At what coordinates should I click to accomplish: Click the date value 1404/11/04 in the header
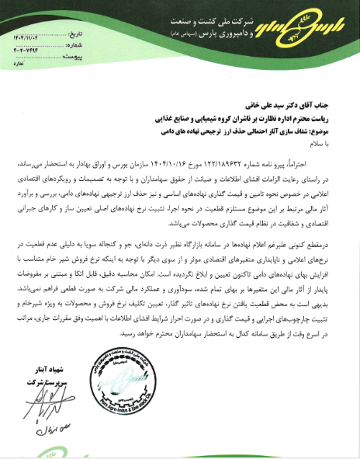coord(23,36)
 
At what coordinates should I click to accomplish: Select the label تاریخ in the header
coord(69,36)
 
